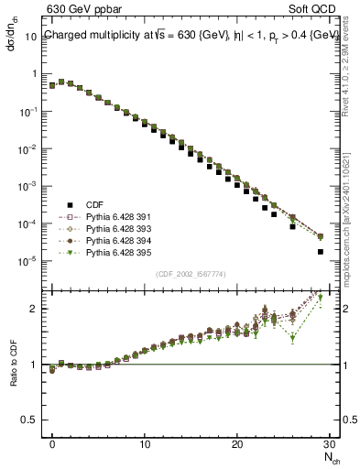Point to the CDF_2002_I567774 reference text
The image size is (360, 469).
pos(191,274)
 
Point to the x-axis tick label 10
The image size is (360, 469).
pos(145,444)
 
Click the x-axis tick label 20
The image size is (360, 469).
pos(237,444)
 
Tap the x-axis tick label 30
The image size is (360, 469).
pos(329,444)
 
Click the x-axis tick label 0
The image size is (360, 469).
pos(52,444)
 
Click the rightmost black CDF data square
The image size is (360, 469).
pos(320,251)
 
